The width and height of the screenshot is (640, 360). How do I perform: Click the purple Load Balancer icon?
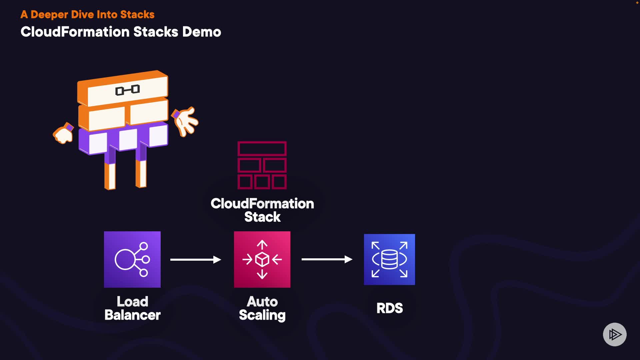coord(132,259)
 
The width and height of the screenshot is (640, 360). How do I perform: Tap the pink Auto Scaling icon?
coord(262,259)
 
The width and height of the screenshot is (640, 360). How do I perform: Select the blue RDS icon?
coord(389,259)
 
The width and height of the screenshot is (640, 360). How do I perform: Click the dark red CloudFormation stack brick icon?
coord(262,165)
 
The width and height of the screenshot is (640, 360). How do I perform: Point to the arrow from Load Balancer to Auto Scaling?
coord(196,259)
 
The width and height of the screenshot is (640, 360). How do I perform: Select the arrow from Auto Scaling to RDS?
coord(327,259)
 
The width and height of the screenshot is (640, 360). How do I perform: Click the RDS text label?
coord(389,308)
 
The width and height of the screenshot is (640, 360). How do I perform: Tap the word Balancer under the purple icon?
coord(132,315)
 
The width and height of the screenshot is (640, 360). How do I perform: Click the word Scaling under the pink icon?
coord(262,315)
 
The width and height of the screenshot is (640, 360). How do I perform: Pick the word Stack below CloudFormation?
coord(262,217)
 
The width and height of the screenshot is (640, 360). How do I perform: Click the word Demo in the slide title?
coord(201,32)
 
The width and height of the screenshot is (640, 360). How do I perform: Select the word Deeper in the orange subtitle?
coord(49,15)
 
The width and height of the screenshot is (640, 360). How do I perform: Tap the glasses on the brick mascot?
coord(127,90)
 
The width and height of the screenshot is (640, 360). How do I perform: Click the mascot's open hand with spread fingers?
coord(186,121)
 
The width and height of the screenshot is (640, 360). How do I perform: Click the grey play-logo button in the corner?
coord(615,334)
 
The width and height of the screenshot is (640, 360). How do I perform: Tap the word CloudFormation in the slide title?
coord(75,32)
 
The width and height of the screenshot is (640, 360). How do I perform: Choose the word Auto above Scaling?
coord(262,302)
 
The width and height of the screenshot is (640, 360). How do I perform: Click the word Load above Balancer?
coord(132,302)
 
